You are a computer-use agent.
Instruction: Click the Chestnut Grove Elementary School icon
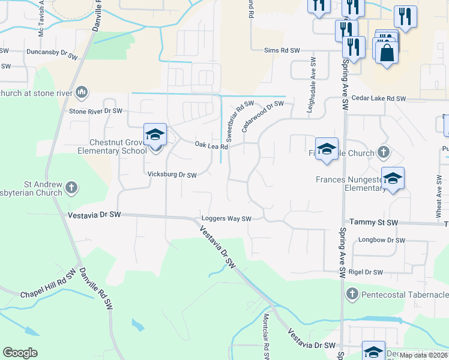[x=155, y=135]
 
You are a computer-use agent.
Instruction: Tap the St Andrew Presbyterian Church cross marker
[x=71, y=188]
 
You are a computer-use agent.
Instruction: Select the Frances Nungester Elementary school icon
[x=393, y=179]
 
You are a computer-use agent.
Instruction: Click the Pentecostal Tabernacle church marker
[x=352, y=294]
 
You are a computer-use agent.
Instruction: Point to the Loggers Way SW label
[x=226, y=219]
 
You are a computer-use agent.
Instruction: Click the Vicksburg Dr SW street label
[x=172, y=175]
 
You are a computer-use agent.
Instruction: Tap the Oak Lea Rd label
[x=212, y=146]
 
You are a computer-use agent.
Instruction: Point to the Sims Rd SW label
[x=282, y=51]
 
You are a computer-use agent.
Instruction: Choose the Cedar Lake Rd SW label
[x=379, y=98]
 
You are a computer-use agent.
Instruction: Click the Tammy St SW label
[x=374, y=223]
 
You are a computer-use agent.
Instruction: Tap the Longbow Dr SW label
[x=382, y=241]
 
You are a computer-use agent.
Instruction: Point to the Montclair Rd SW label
[x=265, y=337]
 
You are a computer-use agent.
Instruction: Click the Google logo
[x=20, y=353]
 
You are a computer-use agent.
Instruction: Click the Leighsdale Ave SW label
[x=313, y=76]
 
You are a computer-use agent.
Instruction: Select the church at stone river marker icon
[x=82, y=92]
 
